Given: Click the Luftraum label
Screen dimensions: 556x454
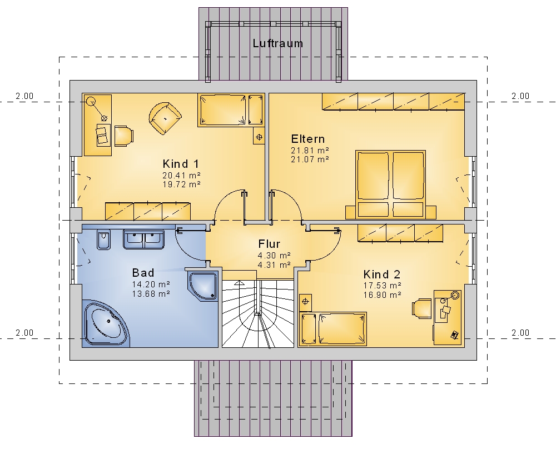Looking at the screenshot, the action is (x=277, y=43).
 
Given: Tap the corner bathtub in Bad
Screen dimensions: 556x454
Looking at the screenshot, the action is (x=107, y=323).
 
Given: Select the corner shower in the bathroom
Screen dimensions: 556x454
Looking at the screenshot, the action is (x=202, y=286).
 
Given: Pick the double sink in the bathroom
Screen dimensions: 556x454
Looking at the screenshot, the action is (x=143, y=239).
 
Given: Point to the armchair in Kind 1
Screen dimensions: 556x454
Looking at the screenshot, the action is (x=165, y=118).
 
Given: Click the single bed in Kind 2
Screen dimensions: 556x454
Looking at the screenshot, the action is (x=333, y=328).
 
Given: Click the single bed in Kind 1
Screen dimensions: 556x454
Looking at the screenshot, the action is (x=231, y=110).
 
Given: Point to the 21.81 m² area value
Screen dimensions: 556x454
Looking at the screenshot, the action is (x=310, y=150).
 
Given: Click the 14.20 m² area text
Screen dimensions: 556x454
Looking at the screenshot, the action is (x=151, y=284).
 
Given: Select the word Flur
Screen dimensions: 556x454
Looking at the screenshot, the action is (x=269, y=244).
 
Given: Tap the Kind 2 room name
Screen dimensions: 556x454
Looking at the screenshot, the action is (x=382, y=275).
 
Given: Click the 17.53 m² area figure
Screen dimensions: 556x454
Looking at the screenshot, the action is (x=383, y=285).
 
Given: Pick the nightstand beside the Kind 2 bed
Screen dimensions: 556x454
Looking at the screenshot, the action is (x=305, y=302).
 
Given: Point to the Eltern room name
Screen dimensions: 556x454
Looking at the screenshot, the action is (x=308, y=138).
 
